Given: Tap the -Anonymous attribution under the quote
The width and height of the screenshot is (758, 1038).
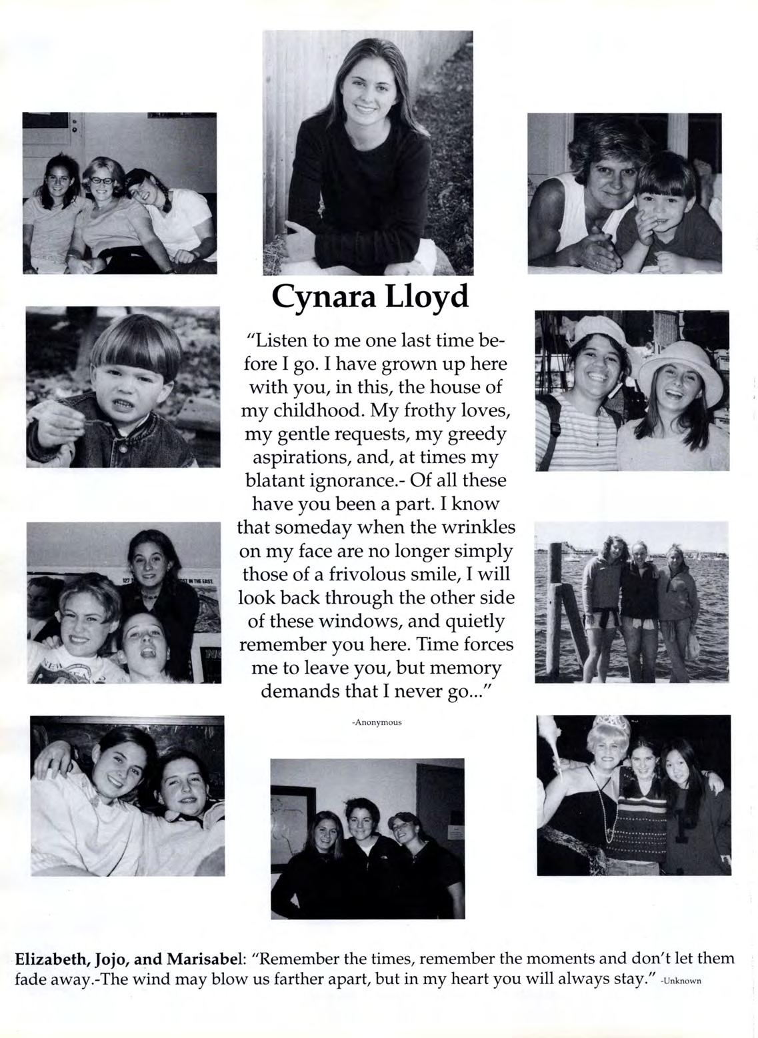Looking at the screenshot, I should point(377,722).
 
